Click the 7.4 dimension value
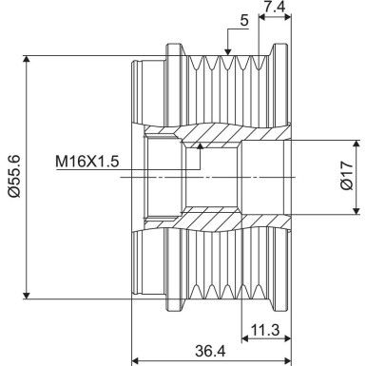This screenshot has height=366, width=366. [275, 9]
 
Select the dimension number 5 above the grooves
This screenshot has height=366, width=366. [244, 18]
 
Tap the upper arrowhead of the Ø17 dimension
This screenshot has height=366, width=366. [334, 144]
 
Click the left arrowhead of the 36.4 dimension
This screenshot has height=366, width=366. [136, 360]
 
